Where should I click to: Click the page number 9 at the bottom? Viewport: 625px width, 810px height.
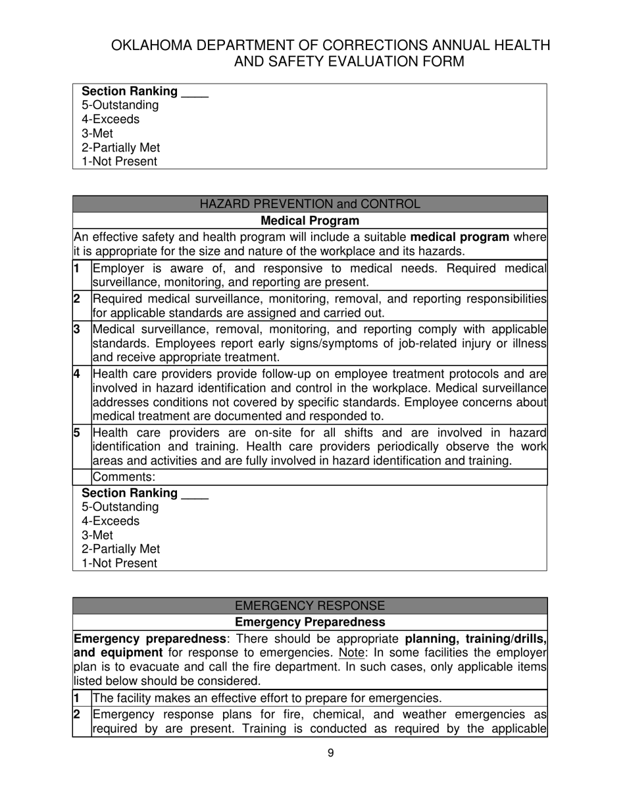click(x=330, y=753)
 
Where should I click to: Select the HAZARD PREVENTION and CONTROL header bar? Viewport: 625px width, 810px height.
click(x=310, y=204)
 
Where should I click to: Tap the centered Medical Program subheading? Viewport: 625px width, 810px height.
click(x=310, y=221)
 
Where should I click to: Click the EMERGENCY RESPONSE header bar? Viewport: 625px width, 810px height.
click(x=310, y=606)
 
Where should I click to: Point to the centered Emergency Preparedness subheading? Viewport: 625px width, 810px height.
click(x=310, y=622)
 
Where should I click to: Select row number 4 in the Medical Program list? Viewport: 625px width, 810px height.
click(x=77, y=374)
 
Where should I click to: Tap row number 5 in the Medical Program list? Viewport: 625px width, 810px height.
click(x=77, y=433)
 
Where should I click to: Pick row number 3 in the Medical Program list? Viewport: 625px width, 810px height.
click(x=77, y=329)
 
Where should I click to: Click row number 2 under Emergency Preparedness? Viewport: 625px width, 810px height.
click(x=77, y=715)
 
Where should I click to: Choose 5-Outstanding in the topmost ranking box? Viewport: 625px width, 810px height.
click(x=120, y=105)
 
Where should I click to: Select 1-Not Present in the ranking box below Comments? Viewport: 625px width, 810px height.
click(x=119, y=563)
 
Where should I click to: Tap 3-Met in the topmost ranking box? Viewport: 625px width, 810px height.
click(x=97, y=134)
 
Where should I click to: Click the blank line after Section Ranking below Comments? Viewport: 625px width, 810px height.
click(x=195, y=494)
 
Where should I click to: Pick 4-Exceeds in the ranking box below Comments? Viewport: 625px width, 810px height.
click(x=111, y=521)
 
